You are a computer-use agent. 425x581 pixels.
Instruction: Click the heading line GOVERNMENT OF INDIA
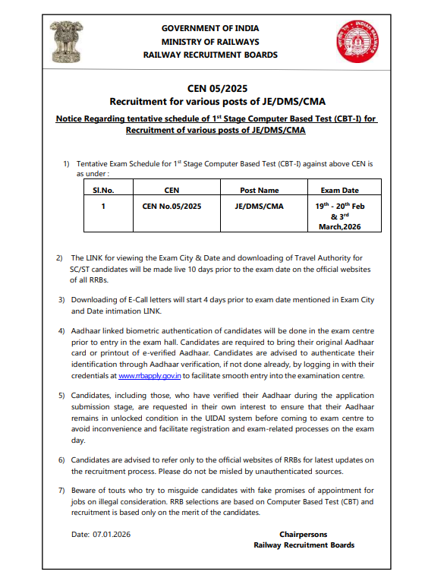(210, 28)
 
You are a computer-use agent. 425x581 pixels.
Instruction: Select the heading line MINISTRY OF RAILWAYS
(210, 42)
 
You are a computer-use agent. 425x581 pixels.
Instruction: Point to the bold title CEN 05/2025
(212, 88)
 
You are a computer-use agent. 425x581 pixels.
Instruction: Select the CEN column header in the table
(172, 190)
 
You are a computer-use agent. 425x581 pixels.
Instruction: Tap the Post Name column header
(259, 190)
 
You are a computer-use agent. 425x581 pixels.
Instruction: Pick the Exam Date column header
(339, 190)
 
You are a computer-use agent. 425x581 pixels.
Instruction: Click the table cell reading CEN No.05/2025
(172, 206)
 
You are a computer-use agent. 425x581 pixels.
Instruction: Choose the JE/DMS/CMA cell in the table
(259, 206)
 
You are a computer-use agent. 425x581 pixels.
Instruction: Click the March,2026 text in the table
(339, 227)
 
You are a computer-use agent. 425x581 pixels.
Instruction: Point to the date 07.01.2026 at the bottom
(112, 535)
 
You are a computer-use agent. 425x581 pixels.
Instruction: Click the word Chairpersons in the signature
(304, 535)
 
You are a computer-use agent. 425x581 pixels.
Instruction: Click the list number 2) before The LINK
(61, 259)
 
